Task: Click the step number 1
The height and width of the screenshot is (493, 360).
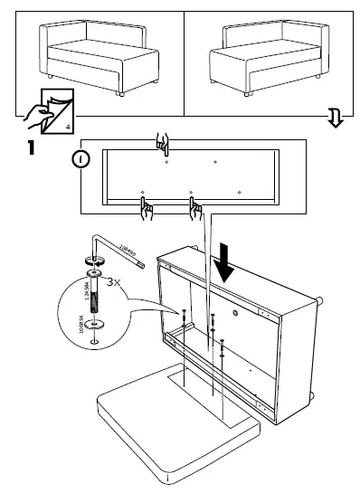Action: (x=31, y=146)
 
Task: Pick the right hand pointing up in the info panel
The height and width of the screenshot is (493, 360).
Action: (x=194, y=209)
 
